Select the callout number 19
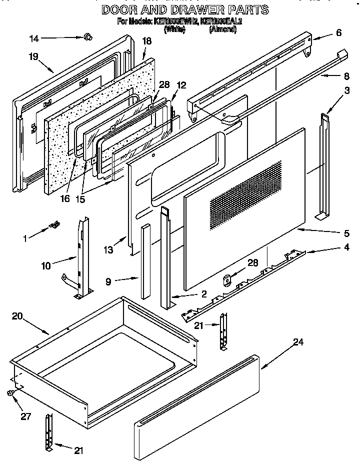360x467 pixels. point(33,56)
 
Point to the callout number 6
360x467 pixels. point(339,33)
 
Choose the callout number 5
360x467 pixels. point(346,232)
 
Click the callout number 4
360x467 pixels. point(346,247)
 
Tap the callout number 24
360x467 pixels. point(298,342)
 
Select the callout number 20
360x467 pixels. point(17,316)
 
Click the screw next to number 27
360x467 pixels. point(10,394)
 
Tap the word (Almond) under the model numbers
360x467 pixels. point(223,29)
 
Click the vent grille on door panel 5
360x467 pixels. point(245,190)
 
